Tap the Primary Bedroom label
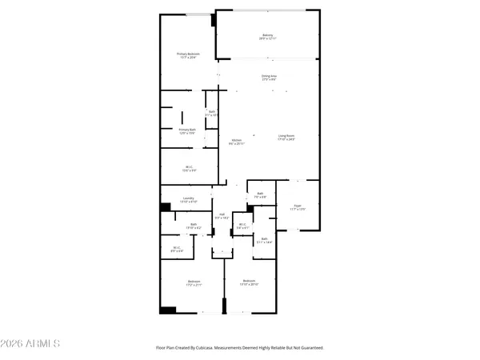click(188, 55)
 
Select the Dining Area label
click(269, 77)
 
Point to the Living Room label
click(286, 137)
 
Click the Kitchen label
click(237, 142)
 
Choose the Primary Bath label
click(187, 131)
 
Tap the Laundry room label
click(189, 199)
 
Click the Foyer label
click(297, 206)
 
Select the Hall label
click(222, 215)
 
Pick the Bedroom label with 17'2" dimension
click(194, 282)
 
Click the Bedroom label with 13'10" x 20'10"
click(250, 282)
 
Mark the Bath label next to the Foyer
click(260, 194)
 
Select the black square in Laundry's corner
click(166, 207)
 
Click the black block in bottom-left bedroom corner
click(168, 310)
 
